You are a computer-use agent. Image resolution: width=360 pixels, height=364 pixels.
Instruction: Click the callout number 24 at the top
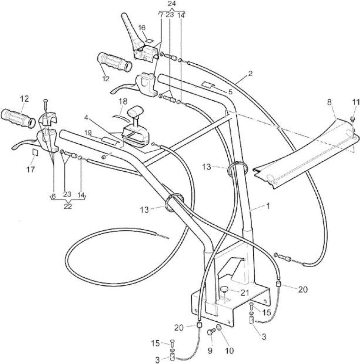tap(172, 4)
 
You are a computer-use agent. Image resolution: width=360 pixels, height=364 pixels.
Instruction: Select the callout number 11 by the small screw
tap(356, 102)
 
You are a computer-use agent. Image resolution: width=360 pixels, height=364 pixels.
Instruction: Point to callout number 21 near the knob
tap(245, 293)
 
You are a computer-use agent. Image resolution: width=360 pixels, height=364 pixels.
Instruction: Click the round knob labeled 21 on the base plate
tap(224, 289)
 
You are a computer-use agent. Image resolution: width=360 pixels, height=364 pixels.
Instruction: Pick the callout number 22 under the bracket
tap(68, 206)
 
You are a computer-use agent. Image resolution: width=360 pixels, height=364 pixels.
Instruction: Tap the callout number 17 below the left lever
tap(31, 170)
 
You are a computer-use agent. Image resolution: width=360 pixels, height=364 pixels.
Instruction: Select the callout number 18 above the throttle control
tap(123, 101)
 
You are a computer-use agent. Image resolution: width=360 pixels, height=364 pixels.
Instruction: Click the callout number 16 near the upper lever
tap(142, 28)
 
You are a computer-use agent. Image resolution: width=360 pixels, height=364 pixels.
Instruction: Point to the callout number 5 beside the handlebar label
tap(230, 92)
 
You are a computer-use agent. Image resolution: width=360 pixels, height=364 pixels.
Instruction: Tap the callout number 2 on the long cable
tap(250, 74)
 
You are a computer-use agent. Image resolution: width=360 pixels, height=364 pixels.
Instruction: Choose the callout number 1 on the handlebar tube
tap(268, 206)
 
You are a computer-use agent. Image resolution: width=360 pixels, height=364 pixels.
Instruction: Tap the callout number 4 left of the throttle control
tap(86, 118)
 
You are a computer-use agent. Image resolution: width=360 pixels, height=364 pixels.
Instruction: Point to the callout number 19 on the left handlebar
tap(88, 133)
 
